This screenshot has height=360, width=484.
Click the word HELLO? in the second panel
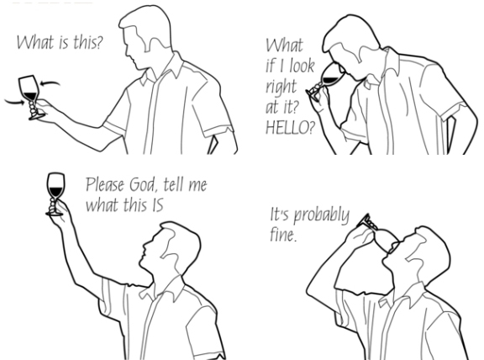click(290, 127)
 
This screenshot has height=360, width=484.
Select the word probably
click(321, 215)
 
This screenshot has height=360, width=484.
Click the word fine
click(283, 235)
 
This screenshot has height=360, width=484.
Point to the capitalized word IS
click(157, 205)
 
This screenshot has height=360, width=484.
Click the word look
click(302, 66)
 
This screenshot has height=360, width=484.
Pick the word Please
click(105, 184)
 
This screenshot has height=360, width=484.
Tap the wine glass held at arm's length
click(30, 97)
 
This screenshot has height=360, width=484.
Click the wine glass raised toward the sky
click(55, 194)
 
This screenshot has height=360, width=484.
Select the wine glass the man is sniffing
click(327, 81)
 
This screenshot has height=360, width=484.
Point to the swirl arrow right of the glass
click(50, 82)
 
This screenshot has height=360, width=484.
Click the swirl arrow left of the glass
click(14, 102)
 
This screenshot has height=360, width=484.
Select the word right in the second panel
click(281, 87)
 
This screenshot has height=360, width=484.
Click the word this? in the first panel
click(87, 42)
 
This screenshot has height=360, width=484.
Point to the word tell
click(171, 185)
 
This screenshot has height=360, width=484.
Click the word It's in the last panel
click(281, 214)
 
